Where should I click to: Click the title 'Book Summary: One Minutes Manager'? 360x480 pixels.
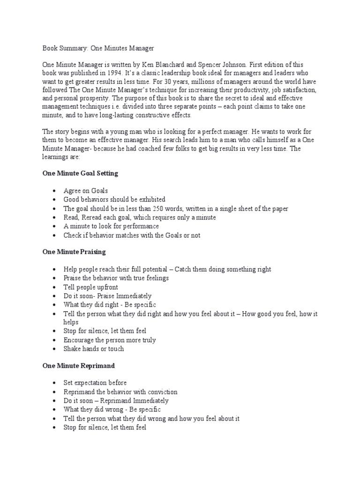(98, 48)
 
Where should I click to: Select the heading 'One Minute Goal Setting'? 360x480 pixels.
(80, 173)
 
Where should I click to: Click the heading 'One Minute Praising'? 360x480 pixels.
(74, 252)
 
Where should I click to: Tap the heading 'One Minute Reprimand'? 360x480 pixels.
(78, 365)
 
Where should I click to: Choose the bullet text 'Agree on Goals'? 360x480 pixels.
(86, 191)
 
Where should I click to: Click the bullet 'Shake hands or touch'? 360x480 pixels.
(94, 349)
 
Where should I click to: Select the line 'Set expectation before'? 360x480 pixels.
(95, 382)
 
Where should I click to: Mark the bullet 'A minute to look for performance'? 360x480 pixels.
(112, 226)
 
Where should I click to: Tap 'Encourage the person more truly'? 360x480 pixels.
(110, 340)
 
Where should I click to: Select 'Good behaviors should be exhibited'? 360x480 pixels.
(114, 200)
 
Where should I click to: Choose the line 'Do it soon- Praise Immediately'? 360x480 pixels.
(107, 296)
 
